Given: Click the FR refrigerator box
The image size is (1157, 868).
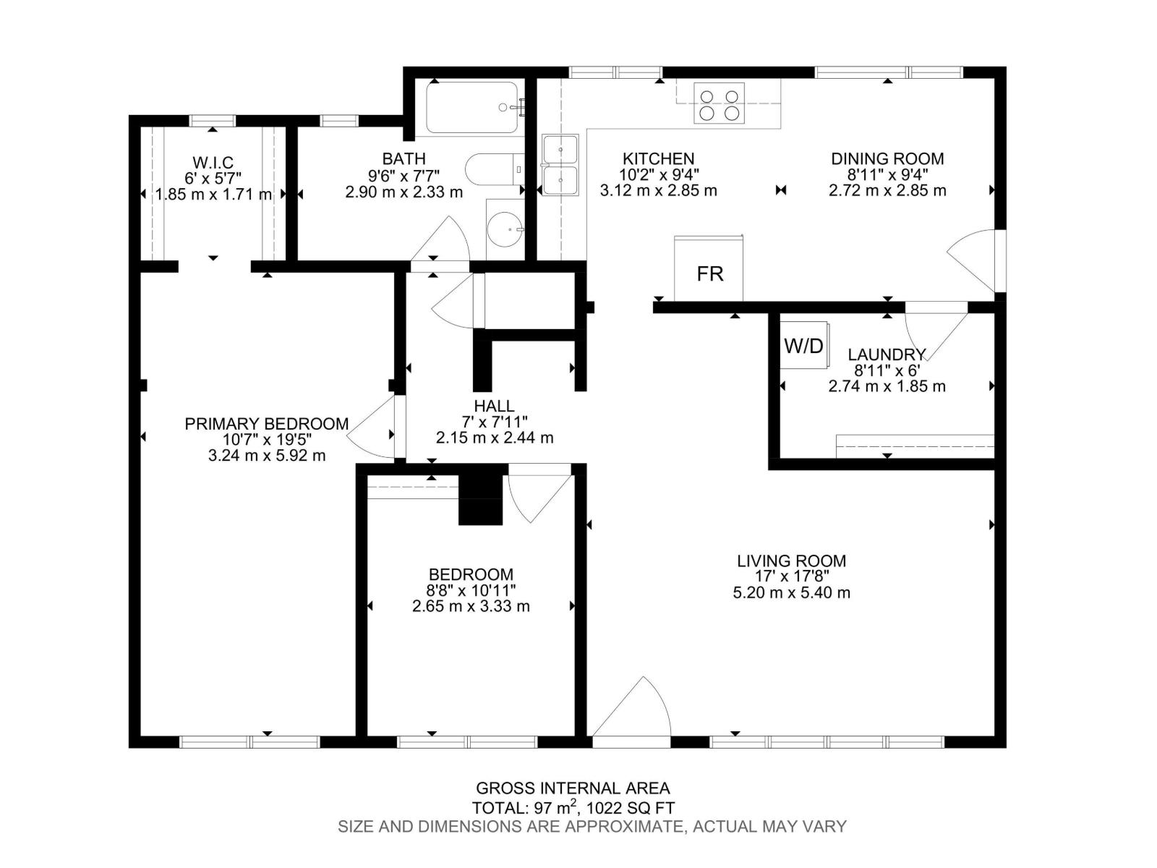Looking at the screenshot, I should tap(709, 269).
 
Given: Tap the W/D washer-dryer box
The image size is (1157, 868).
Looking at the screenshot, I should tap(803, 346).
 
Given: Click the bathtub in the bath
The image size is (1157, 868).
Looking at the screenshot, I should tap(472, 108).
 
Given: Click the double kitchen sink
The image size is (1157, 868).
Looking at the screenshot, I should tap(560, 165).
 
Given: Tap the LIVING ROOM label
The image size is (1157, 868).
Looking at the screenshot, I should tap(791, 561).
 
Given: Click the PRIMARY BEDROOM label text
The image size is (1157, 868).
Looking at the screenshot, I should tap(266, 424).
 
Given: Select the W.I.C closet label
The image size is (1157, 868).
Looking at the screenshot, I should tap(213, 163).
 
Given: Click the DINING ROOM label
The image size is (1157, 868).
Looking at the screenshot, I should tap(887, 158).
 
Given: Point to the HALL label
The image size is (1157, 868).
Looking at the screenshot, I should tap(494, 407).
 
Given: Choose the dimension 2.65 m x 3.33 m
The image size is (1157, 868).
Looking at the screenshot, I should tap(471, 606).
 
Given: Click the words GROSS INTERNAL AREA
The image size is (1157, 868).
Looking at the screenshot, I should tap(573, 788).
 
